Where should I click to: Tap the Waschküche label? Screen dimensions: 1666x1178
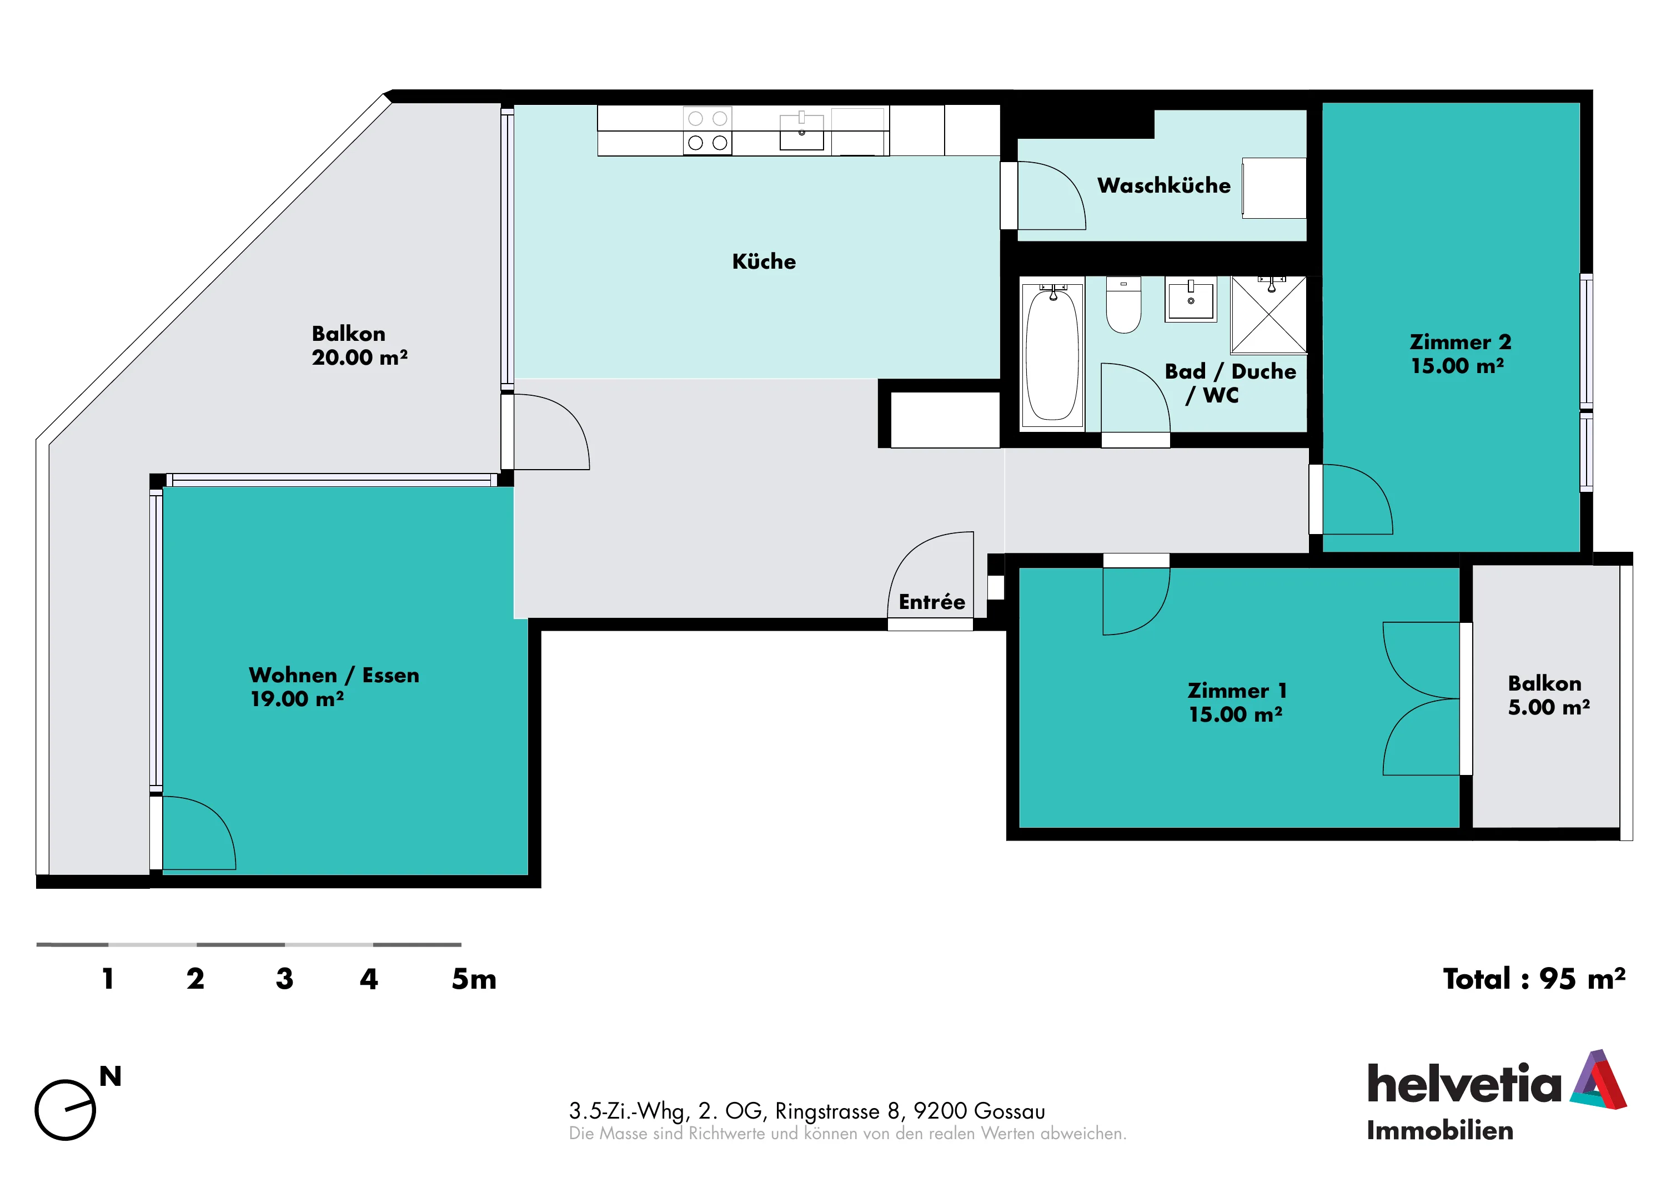pos(1164,186)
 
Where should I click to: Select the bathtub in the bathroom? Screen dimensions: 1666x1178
pos(1052,355)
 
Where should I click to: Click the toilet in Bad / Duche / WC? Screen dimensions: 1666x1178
pos(1123,305)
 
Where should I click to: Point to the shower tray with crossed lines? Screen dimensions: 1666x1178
pos(1268,314)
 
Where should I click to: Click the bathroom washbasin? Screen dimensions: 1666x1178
pos(1191,300)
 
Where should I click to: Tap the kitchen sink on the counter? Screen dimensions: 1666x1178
pos(802,132)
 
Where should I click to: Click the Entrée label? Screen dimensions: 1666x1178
pos(932,602)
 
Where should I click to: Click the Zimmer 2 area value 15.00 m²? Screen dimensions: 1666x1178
pos(1457,366)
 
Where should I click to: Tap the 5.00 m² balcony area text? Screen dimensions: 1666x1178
pos(1548,707)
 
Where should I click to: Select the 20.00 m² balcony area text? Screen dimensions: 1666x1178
pos(359,358)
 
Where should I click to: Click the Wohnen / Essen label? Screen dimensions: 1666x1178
pos(334,675)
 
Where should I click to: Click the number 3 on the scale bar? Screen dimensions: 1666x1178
pos(284,979)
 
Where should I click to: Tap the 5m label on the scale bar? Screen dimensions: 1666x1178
pos(474,979)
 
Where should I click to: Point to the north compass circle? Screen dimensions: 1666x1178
pos(66,1110)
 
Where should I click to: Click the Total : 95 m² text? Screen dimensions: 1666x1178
pos(1534,979)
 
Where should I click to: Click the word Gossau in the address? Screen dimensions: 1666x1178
pos(1010,1111)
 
